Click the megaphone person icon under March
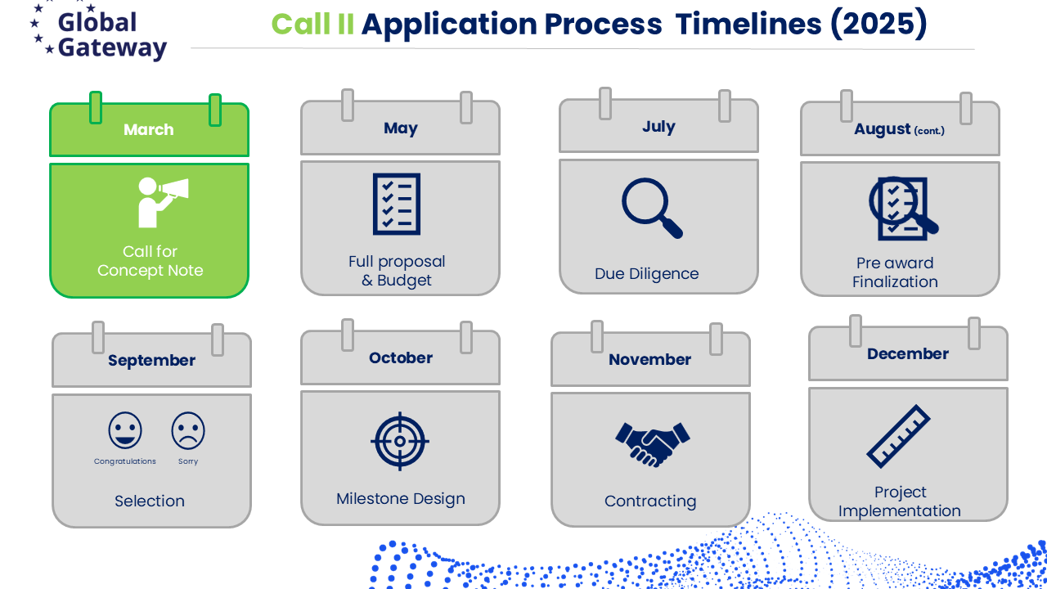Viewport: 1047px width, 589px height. click(163, 202)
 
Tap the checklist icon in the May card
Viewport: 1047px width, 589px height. click(397, 204)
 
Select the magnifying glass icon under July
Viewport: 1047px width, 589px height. click(652, 208)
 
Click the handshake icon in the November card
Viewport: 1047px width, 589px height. click(653, 444)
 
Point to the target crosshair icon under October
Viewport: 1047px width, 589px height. click(400, 441)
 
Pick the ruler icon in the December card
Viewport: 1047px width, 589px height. click(898, 436)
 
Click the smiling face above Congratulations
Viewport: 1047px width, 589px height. click(125, 430)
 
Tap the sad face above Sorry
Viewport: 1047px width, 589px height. click(188, 430)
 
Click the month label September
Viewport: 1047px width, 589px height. click(151, 361)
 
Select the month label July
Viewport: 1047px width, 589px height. click(658, 127)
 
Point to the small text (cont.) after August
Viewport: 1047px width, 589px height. click(929, 130)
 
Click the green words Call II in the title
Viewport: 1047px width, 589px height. click(312, 24)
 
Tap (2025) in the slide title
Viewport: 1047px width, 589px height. click(878, 24)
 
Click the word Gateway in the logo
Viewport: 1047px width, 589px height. click(112, 47)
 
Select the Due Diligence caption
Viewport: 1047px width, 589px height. click(646, 274)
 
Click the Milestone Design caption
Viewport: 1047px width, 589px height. click(401, 499)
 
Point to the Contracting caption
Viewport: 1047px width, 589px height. click(650, 501)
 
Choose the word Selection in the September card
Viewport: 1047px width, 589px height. click(150, 501)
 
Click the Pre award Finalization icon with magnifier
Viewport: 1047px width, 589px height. click(903, 209)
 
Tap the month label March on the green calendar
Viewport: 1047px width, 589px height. click(149, 129)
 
